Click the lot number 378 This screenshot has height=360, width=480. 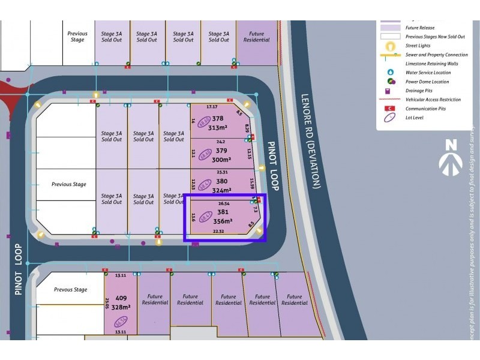click(217, 119)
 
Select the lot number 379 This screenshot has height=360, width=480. click(221, 151)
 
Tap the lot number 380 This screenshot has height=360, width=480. click(221, 182)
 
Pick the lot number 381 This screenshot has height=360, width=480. click(223, 212)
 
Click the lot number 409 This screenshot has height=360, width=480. click(121, 298)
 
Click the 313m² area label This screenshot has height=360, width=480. click(217, 127)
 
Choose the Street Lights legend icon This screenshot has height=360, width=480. click(391, 46)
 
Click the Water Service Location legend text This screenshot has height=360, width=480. click(428, 73)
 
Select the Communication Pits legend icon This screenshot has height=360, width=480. click(391, 109)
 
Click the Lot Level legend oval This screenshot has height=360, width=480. click(391, 118)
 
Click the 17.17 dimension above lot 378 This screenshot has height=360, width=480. click(212, 107)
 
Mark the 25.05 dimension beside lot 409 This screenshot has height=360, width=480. click(107, 302)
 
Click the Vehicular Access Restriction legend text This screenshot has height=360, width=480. click(433, 100)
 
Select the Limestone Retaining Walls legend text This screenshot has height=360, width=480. click(431, 64)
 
